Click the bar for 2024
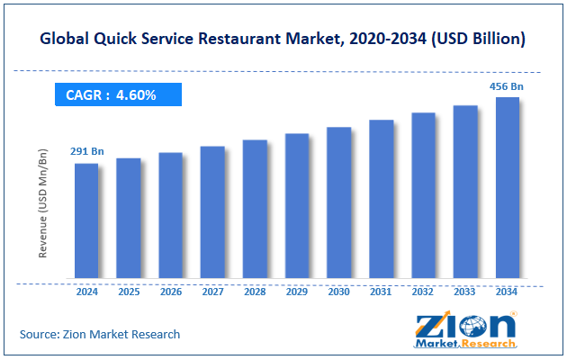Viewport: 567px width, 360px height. pos(86,220)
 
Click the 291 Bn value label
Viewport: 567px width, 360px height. pos(87,151)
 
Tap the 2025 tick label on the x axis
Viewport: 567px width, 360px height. pos(129,292)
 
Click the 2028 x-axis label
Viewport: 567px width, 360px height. pos(255,292)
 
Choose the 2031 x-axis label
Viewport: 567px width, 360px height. pos(381,292)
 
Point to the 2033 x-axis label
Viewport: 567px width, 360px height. pos(465,292)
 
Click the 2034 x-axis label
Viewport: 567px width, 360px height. pos(508,292)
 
